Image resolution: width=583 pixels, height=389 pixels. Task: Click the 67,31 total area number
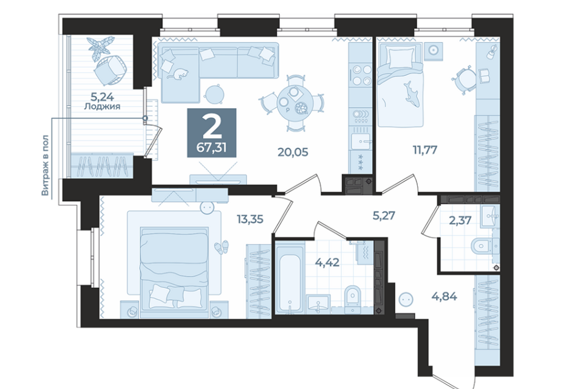click(x=211, y=148)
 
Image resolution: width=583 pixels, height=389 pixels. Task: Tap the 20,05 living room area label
click(x=293, y=152)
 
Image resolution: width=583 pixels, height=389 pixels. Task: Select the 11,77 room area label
click(x=424, y=150)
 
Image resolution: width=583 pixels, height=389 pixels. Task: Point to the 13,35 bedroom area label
click(x=250, y=219)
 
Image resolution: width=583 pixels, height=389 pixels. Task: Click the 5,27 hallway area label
click(x=384, y=215)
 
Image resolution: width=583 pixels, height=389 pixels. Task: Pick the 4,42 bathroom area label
click(x=327, y=263)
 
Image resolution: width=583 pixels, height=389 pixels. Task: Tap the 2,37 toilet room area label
click(x=460, y=221)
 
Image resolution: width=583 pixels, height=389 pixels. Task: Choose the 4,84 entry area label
click(x=445, y=297)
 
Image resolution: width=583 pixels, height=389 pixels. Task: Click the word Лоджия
click(x=102, y=106)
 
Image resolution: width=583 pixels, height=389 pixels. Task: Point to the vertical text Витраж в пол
click(x=45, y=165)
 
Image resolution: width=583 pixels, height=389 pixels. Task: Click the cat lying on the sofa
click(x=178, y=74)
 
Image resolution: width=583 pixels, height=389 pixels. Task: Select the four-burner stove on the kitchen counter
click(x=361, y=74)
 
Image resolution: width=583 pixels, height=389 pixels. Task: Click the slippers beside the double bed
click(x=222, y=247)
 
